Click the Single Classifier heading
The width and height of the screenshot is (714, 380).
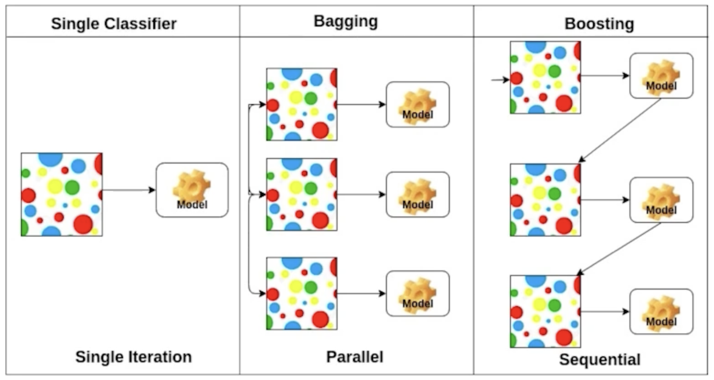(x=114, y=23)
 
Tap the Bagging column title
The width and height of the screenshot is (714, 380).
(x=345, y=21)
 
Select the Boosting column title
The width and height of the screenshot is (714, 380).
(x=599, y=23)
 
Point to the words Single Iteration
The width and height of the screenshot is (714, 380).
(x=133, y=357)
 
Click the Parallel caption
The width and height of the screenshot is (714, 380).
(x=355, y=356)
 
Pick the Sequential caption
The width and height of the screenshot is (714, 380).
(x=600, y=359)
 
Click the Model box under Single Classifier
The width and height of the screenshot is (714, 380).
(x=192, y=190)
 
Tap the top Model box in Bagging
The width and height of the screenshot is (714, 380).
(x=418, y=105)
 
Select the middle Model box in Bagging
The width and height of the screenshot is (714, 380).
(x=418, y=194)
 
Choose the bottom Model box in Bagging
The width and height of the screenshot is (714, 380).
(x=418, y=294)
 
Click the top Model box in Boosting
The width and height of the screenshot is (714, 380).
(x=661, y=76)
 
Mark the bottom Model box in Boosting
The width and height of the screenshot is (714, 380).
(x=661, y=312)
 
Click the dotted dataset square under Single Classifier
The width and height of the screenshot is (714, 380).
(x=61, y=194)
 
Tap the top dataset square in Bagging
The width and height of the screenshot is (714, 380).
(x=302, y=105)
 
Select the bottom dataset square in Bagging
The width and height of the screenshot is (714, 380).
(x=302, y=294)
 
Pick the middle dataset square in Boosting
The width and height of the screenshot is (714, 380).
(x=546, y=200)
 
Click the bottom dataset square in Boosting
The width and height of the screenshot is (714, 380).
(x=546, y=312)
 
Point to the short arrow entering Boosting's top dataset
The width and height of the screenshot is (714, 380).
(x=501, y=80)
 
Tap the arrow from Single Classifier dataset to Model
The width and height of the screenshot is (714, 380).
(x=129, y=190)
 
